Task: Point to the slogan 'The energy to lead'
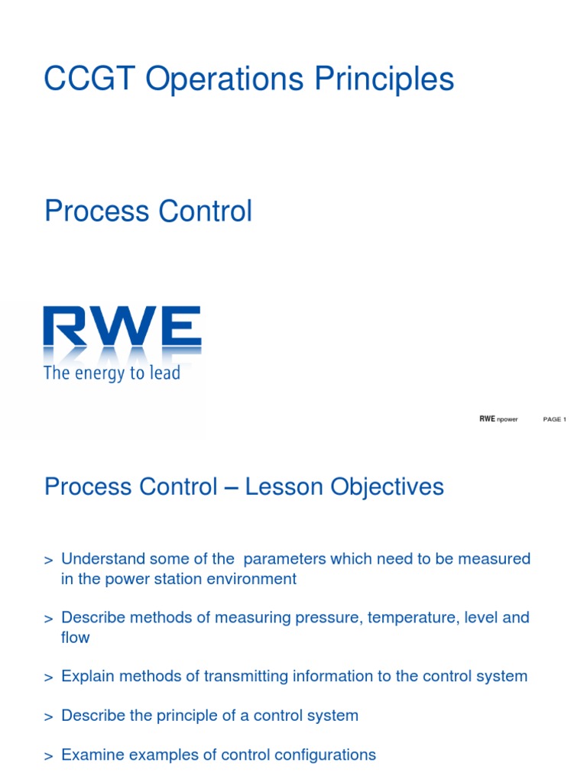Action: click(112, 373)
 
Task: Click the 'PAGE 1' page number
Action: click(554, 419)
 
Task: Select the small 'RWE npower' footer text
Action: click(498, 419)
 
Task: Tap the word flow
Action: click(75, 637)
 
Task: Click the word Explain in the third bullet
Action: click(87, 676)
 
